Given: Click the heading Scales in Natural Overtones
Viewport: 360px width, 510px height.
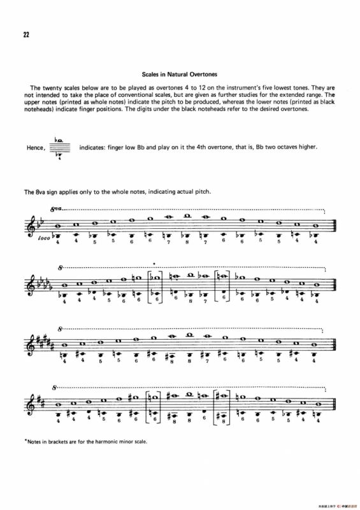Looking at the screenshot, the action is (x=180, y=75).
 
